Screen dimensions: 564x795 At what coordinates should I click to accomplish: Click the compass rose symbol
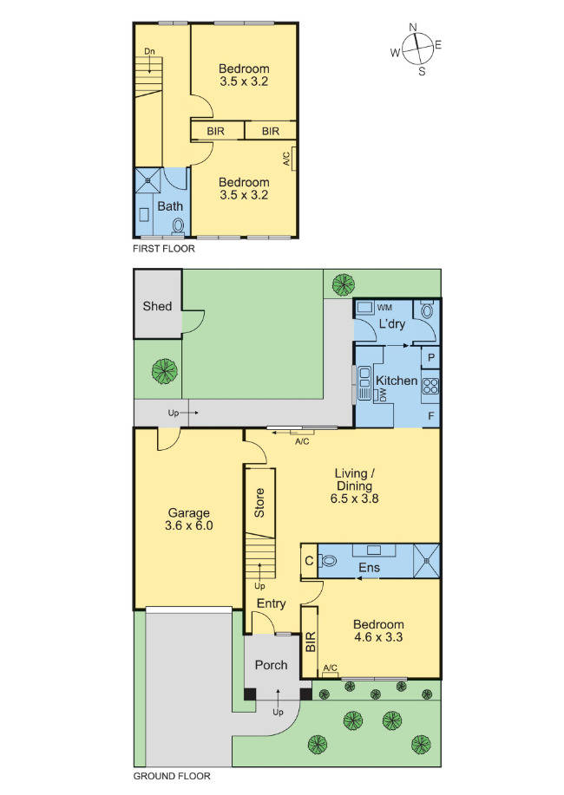[x=417, y=49]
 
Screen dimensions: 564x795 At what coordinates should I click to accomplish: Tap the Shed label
[x=157, y=306]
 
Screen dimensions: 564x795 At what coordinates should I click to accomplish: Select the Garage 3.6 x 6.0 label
[x=189, y=519]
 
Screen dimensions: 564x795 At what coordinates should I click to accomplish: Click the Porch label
[x=271, y=665]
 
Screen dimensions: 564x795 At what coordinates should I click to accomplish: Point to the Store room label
[x=259, y=503]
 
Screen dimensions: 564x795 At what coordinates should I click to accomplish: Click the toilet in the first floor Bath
[x=178, y=226]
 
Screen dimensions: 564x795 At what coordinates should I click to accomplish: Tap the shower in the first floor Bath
[x=148, y=180]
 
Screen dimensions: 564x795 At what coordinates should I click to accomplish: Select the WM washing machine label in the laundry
[x=384, y=307]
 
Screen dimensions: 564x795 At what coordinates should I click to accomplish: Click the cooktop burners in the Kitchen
[x=430, y=386]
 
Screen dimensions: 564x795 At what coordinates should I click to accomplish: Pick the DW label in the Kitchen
[x=383, y=395]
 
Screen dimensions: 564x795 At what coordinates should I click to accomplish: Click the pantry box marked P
[x=430, y=357]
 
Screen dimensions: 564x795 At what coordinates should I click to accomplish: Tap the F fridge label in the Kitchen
[x=431, y=416]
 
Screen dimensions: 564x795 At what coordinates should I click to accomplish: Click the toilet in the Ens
[x=329, y=561]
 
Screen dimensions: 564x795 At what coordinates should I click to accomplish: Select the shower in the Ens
[x=426, y=561]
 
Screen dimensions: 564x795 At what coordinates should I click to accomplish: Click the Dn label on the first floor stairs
[x=149, y=51]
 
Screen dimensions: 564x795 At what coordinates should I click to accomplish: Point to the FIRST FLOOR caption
[x=163, y=249]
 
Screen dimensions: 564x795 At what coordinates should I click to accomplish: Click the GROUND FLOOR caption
[x=172, y=776]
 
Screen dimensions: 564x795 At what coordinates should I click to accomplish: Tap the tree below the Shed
[x=165, y=371]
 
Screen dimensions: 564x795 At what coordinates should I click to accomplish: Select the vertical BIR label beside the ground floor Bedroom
[x=310, y=642]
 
